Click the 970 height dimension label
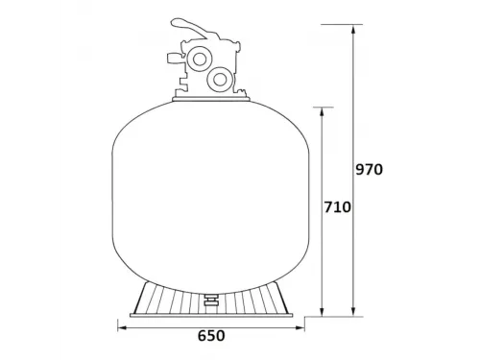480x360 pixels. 369,170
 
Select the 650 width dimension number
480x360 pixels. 210,337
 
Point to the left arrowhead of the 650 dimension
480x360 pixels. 122,324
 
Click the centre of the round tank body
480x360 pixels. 210,192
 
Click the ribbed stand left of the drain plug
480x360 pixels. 168,298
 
